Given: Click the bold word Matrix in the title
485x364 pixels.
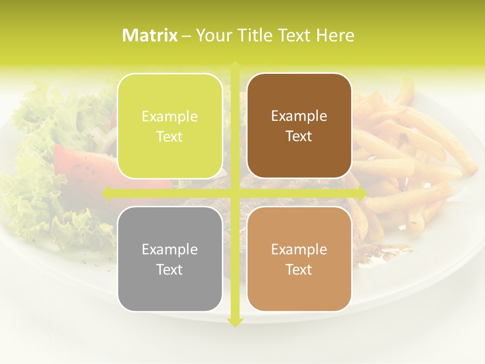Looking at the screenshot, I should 150,35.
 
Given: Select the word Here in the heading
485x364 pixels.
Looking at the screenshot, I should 335,35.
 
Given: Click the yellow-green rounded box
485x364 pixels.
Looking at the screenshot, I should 170,126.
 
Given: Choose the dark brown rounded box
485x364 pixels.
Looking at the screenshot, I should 299,126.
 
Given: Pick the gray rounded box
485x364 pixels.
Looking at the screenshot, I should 170,259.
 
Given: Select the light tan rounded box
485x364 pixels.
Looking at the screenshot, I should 299,259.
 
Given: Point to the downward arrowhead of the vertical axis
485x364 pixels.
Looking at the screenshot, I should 235,322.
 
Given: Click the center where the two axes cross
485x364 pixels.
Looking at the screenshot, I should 235,193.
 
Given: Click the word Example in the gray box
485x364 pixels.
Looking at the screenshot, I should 170,249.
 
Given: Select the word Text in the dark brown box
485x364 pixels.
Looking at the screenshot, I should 299,136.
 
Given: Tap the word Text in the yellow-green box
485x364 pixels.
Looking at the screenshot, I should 170,137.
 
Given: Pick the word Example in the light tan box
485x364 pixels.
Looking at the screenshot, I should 299,249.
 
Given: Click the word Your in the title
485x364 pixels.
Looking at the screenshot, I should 212,35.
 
